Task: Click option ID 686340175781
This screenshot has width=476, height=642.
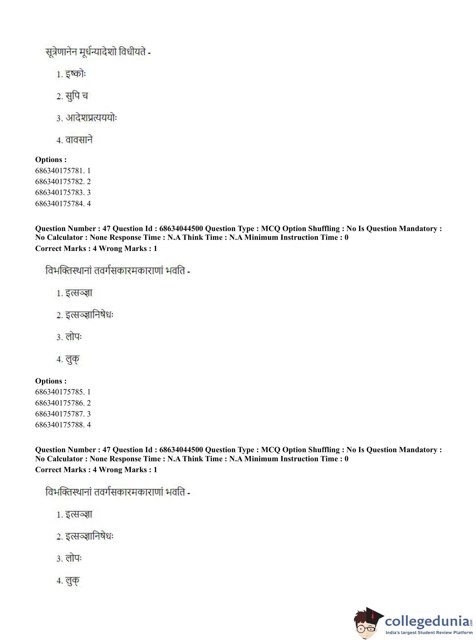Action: (63, 171)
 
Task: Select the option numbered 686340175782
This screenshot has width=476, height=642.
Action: (63, 182)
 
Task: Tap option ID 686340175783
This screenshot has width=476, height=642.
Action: (63, 192)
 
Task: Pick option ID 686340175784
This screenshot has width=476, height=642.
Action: (63, 204)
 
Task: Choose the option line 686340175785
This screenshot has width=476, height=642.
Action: (63, 392)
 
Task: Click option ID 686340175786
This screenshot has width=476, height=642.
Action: (63, 403)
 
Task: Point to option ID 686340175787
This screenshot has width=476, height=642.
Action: (63, 414)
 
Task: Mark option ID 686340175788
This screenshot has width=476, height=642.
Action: (63, 425)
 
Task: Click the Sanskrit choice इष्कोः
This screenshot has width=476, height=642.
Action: (75, 74)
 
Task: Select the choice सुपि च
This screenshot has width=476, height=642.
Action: (76, 96)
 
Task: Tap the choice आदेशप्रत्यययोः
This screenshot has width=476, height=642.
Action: (91, 118)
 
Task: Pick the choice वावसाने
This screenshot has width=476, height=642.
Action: (79, 140)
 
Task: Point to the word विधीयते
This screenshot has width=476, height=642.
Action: (132, 52)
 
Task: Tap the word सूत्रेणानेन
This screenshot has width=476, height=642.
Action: (61, 52)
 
